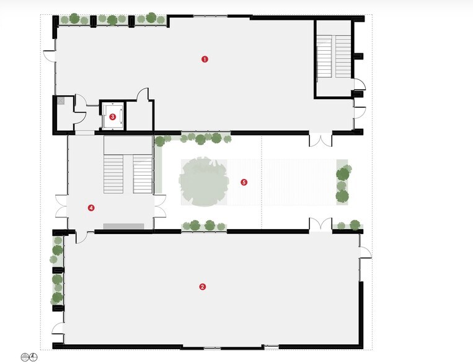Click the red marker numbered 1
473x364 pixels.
click(205, 59)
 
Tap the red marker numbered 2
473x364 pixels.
click(203, 287)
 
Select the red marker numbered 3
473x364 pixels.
click(113, 116)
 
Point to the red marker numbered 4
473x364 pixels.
click(91, 207)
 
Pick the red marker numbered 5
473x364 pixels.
click(244, 182)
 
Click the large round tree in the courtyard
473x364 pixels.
click(203, 181)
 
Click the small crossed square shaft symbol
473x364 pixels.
click(61, 101)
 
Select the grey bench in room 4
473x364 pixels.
click(124, 227)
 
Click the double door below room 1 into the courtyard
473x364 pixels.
click(320, 139)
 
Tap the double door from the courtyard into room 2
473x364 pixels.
click(320, 225)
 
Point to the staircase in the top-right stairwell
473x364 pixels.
click(334, 56)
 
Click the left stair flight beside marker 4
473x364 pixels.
click(113, 174)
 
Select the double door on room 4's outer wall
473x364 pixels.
click(61, 206)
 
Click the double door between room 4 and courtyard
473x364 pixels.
click(160, 206)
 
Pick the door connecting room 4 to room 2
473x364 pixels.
click(81, 237)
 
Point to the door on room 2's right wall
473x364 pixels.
click(365, 253)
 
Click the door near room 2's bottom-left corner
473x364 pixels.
click(58, 328)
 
